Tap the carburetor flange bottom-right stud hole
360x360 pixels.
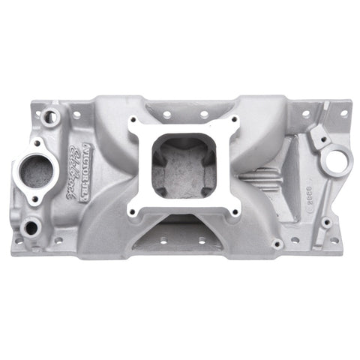tap(234, 212)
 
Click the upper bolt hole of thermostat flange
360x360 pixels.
tap(35, 142)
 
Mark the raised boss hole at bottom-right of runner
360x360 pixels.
tap(277, 244)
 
